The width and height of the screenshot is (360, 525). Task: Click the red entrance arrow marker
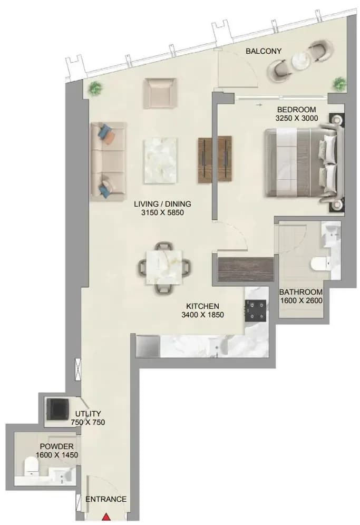(x=106, y=517)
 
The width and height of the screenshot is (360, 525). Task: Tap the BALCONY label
(x=264, y=51)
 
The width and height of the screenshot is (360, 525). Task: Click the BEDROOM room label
(x=296, y=110)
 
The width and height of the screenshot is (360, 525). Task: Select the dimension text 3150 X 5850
(x=162, y=212)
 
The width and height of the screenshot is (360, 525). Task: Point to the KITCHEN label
(x=202, y=306)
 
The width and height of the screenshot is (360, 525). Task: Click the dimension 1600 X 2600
(x=301, y=300)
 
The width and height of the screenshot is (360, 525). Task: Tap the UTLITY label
(x=88, y=413)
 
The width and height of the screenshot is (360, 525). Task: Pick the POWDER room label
(x=56, y=446)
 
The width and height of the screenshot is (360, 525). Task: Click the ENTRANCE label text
(x=106, y=499)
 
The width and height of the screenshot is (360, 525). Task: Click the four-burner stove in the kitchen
(x=256, y=310)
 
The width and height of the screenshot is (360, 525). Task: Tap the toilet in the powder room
(x=32, y=466)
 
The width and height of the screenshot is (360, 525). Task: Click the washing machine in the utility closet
(x=57, y=409)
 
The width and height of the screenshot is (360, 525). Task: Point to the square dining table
(x=164, y=267)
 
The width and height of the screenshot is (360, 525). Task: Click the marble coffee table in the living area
(x=160, y=161)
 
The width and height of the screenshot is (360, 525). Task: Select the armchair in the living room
(x=160, y=93)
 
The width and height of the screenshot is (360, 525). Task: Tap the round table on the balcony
(x=301, y=61)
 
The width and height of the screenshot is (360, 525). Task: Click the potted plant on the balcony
(x=339, y=84)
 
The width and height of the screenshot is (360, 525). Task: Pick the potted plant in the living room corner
(x=95, y=89)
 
